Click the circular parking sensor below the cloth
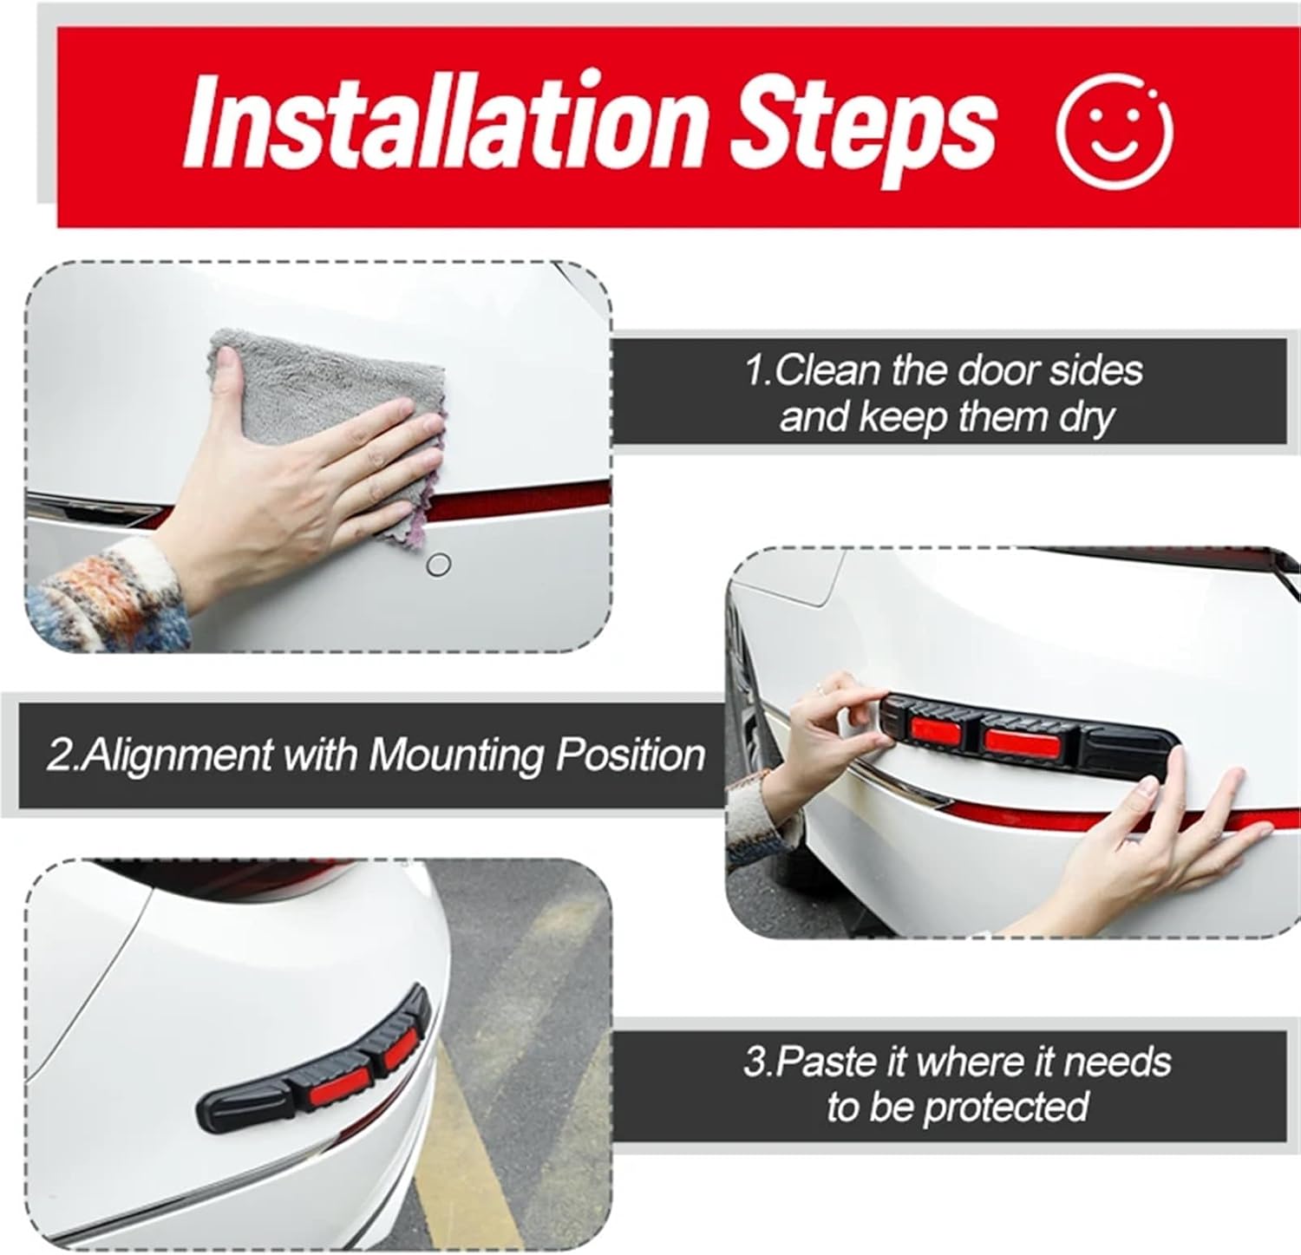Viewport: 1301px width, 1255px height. (440, 565)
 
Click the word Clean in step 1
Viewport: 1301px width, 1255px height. (825, 371)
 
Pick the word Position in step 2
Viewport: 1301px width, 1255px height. (630, 755)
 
